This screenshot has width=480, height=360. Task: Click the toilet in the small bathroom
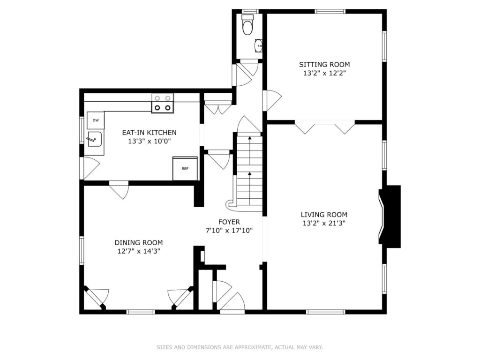pyautogui.click(x=247, y=25)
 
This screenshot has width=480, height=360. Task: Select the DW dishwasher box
pyautogui.click(x=96, y=120)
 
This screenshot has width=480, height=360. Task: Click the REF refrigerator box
pyautogui.click(x=185, y=168)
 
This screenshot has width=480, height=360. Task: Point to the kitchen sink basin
pyautogui.click(x=94, y=140)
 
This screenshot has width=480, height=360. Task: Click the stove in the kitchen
pyautogui.click(x=162, y=103)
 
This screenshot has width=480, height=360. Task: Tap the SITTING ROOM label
pyautogui.click(x=324, y=65)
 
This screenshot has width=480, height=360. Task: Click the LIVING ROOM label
pyautogui.click(x=324, y=215)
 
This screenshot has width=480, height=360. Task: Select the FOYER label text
pyautogui.click(x=229, y=222)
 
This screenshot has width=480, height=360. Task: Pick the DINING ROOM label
pyautogui.click(x=139, y=243)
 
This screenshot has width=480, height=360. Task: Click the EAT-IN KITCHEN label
pyautogui.click(x=150, y=133)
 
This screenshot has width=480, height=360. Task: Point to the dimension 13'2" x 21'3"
pyautogui.click(x=324, y=223)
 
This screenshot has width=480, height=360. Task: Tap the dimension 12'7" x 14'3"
pyautogui.click(x=139, y=251)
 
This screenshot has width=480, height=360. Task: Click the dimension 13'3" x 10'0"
pyautogui.click(x=150, y=141)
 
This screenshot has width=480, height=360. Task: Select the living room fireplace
pyautogui.click(x=390, y=217)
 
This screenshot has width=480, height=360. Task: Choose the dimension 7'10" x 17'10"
pyautogui.click(x=229, y=231)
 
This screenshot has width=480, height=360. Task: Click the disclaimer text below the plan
pyautogui.click(x=240, y=347)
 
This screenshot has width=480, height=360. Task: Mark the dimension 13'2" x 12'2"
pyautogui.click(x=324, y=73)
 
